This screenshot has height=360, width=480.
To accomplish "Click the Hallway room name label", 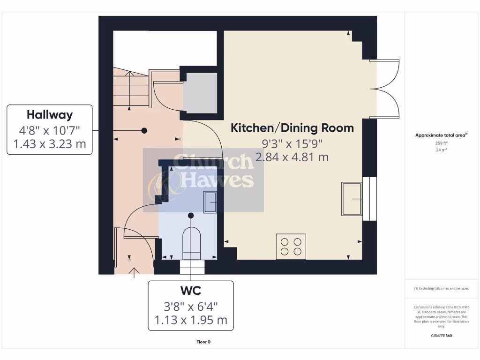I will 50,115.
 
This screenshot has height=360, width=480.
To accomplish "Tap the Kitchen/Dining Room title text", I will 292,128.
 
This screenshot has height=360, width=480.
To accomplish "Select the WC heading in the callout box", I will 190,291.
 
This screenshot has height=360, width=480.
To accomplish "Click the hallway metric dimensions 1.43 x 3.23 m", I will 50,144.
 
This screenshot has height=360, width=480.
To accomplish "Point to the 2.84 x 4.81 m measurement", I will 292,157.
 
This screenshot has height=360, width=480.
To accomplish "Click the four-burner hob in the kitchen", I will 291,246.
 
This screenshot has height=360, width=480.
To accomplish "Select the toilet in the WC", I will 191,243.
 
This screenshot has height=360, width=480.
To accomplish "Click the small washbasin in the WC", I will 210,202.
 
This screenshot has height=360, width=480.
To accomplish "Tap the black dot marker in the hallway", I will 144,130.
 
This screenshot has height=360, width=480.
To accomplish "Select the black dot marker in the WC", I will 191,216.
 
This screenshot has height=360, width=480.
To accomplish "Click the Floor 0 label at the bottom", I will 203,342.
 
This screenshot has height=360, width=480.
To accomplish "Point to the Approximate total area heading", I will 441,135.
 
